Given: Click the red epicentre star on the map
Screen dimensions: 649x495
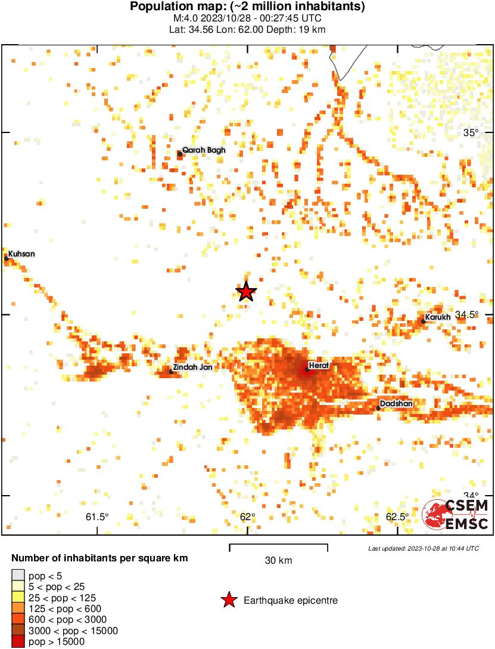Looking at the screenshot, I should point(246,292).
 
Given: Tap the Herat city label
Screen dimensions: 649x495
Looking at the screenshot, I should point(319,365).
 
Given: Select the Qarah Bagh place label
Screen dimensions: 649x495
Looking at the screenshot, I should point(204,150).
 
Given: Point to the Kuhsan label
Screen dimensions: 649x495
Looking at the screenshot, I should point(21,254).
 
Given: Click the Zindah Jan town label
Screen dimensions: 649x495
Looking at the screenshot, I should point(192,367).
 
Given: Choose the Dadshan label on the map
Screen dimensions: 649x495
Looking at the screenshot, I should point(396,404).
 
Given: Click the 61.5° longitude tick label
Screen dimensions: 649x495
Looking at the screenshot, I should point(98,517).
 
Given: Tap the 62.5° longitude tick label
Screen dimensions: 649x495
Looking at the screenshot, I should point(397,517).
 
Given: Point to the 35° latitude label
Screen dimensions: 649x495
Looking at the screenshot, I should point(471,132).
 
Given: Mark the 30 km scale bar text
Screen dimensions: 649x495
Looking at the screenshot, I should point(279,561).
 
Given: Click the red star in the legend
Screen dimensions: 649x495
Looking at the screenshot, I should point(228,600).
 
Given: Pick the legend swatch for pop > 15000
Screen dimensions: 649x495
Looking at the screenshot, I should point(18,641).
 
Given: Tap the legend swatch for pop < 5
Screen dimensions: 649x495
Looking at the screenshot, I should point(18,576).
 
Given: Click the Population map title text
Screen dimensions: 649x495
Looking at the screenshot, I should point(247,7).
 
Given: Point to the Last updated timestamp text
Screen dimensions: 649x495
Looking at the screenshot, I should point(423,548).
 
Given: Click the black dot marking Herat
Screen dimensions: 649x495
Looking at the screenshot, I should point(307,369).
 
